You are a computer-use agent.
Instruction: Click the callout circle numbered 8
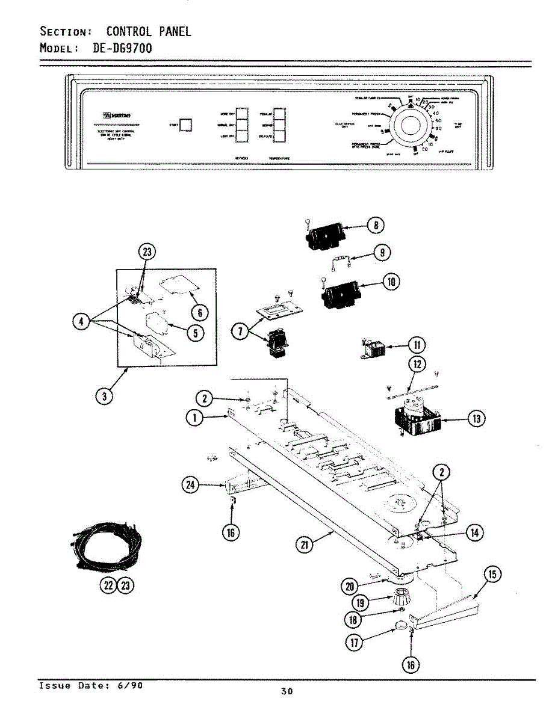click(x=376, y=226)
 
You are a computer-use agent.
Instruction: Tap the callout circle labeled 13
click(x=477, y=419)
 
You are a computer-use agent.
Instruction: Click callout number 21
click(x=306, y=545)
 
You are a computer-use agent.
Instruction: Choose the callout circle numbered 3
click(x=105, y=396)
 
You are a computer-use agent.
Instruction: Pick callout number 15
click(x=492, y=575)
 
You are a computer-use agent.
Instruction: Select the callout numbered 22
click(x=108, y=585)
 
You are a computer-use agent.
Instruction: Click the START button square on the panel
click(x=187, y=125)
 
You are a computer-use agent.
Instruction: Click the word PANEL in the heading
click(x=175, y=31)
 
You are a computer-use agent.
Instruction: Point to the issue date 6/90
click(x=131, y=685)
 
